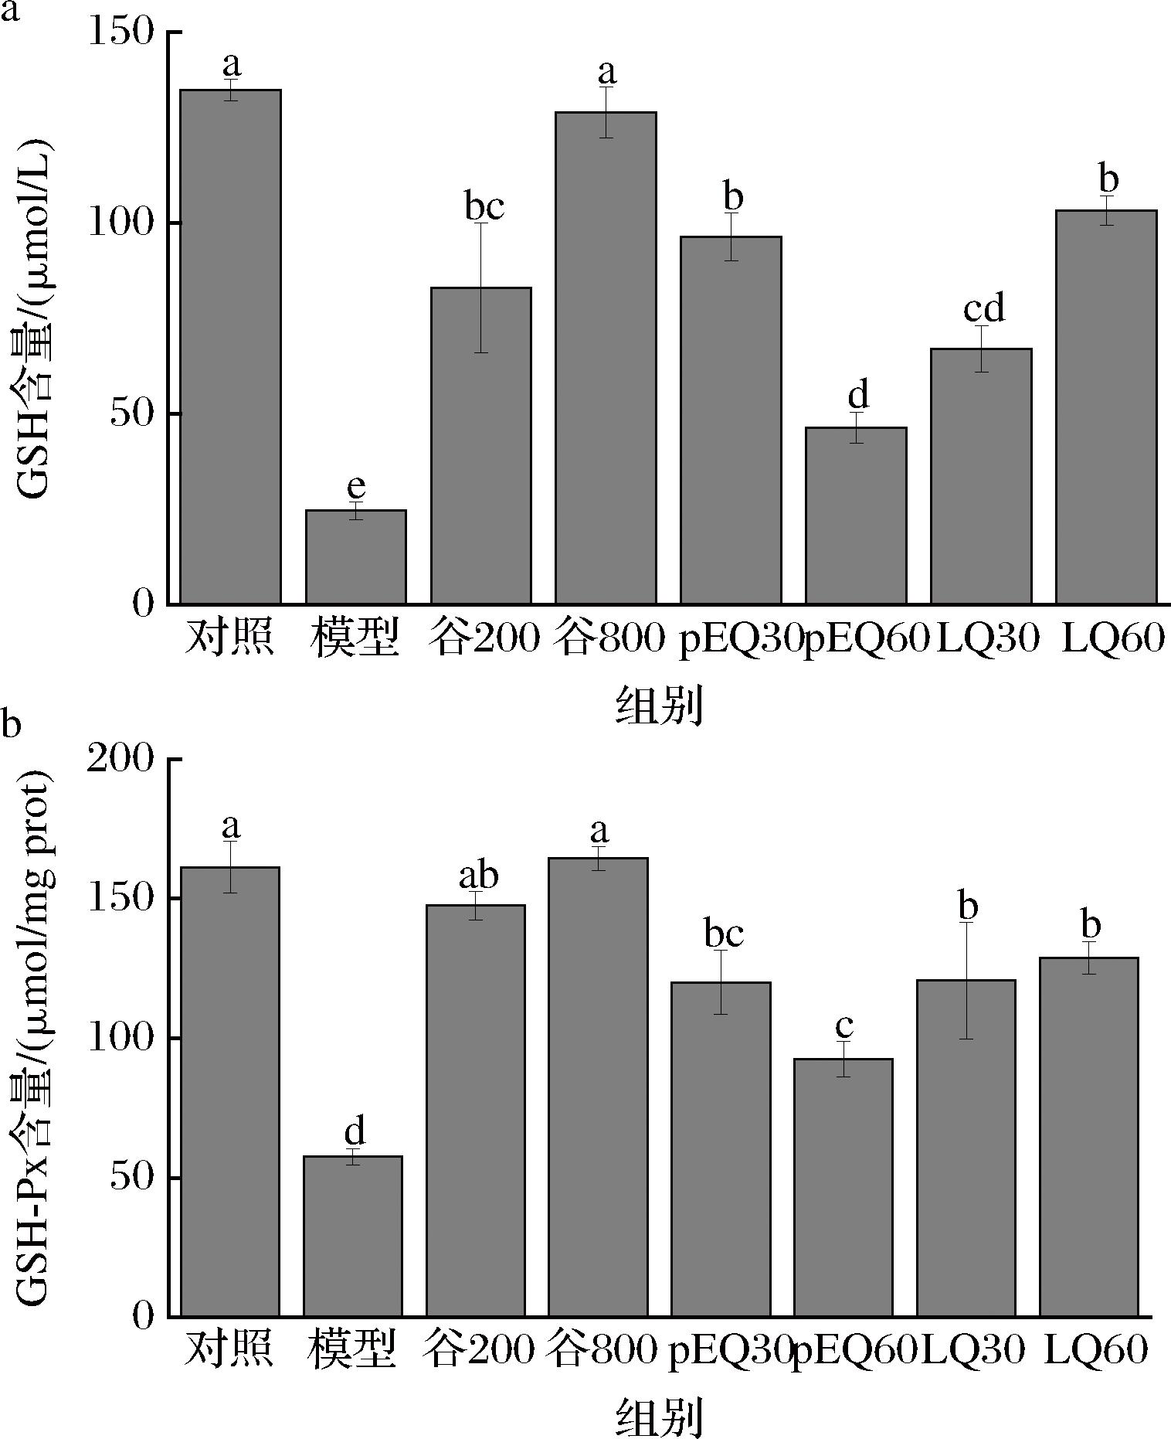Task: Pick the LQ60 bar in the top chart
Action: tap(1106, 407)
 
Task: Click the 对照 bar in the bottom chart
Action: tap(230, 1091)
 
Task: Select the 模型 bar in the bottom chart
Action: tap(353, 1236)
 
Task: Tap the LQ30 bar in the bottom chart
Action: tap(966, 1148)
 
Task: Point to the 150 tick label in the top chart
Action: tap(122, 32)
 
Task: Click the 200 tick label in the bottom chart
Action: tap(120, 760)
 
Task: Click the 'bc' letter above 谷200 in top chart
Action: tap(484, 207)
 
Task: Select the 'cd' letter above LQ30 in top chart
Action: tap(984, 309)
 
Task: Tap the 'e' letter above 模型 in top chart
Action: tap(355, 487)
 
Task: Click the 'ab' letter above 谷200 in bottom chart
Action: tap(478, 876)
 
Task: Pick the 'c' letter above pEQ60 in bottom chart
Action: tap(844, 1026)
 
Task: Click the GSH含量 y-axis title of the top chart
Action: tap(35, 318)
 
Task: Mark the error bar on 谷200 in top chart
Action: tap(481, 287)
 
